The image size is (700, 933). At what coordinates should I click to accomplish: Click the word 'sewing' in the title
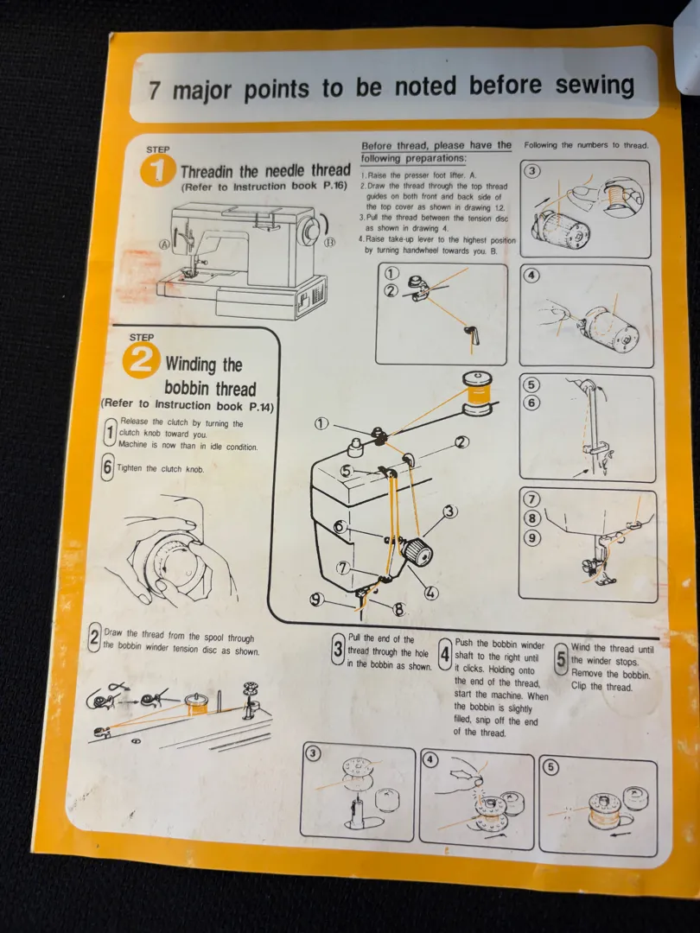(595, 84)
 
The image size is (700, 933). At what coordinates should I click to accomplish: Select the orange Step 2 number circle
(141, 360)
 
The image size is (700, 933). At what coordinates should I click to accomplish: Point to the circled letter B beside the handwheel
(330, 242)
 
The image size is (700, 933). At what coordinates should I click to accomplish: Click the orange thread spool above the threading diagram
(478, 393)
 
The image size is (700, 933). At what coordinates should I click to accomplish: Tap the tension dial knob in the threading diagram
(417, 553)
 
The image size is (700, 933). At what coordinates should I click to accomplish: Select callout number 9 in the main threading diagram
(316, 600)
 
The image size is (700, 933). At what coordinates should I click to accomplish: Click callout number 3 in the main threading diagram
(450, 511)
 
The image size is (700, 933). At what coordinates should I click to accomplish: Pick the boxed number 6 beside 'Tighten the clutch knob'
(107, 467)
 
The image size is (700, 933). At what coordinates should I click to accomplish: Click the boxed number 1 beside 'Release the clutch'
(109, 433)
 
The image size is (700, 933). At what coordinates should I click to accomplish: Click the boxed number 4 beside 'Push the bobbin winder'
(446, 654)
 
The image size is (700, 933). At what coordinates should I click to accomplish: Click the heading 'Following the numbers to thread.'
(586, 144)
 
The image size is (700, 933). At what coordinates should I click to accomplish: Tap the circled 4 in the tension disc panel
(531, 276)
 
